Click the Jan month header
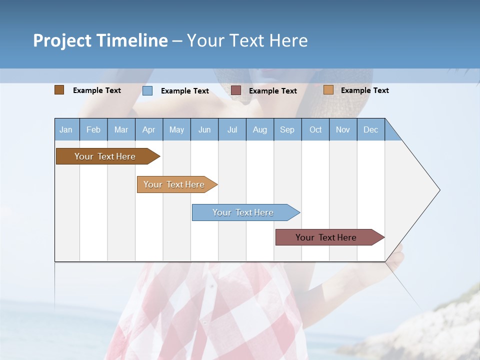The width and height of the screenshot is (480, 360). [66, 129]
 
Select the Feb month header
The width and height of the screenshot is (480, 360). [93, 129]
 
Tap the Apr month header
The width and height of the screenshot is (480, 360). [148, 129]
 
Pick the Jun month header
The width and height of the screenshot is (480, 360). [204, 129]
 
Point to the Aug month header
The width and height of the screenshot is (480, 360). [259, 129]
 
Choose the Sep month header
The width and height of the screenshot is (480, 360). [287, 129]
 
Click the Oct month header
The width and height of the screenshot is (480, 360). [315, 129]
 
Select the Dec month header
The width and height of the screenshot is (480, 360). [370, 129]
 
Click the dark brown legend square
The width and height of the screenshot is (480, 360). [59, 90]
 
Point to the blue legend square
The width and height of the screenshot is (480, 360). [147, 90]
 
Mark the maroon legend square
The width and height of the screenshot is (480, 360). [236, 90]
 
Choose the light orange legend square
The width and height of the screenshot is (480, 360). [328, 90]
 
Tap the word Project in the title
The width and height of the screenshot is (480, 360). [62, 40]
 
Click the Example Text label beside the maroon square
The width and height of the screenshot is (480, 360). [273, 91]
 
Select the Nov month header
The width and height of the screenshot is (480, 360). [343, 129]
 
